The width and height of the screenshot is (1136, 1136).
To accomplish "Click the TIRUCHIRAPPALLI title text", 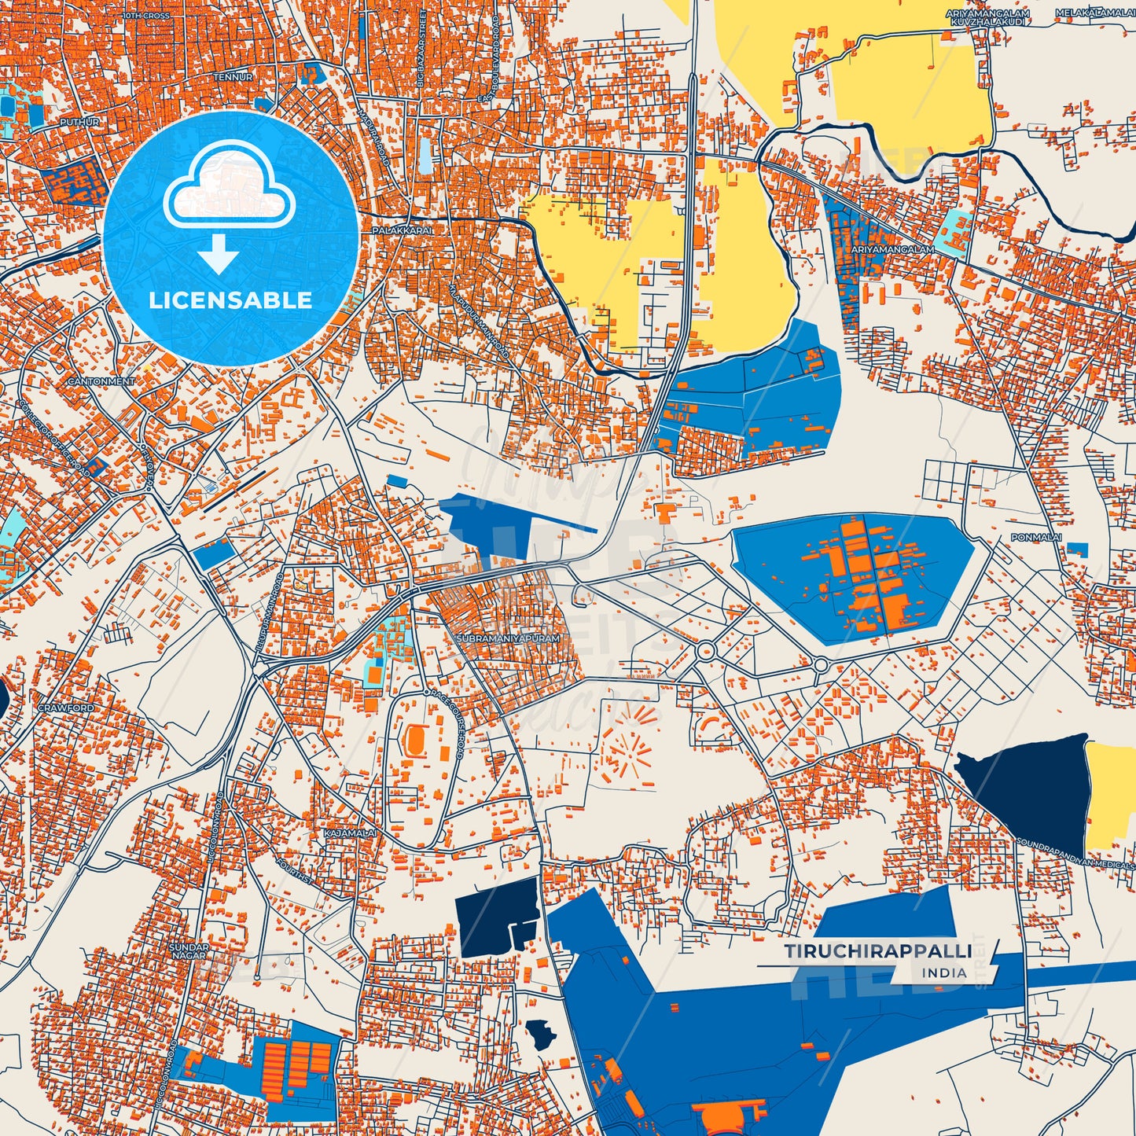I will tap(877, 951).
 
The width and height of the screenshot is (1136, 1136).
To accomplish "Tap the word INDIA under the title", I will tap(945, 972).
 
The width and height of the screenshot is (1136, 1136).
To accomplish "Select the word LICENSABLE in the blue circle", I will tap(231, 300).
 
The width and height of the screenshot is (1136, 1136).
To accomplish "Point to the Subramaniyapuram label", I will tap(508, 639).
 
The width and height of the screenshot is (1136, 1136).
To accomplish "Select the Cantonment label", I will tap(101, 381).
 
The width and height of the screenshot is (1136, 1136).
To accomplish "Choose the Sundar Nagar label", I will tap(189, 951).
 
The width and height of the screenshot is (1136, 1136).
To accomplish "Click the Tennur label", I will tap(233, 77).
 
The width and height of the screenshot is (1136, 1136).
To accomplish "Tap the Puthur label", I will tap(79, 123).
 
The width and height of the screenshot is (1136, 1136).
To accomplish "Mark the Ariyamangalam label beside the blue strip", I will tap(892, 249).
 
